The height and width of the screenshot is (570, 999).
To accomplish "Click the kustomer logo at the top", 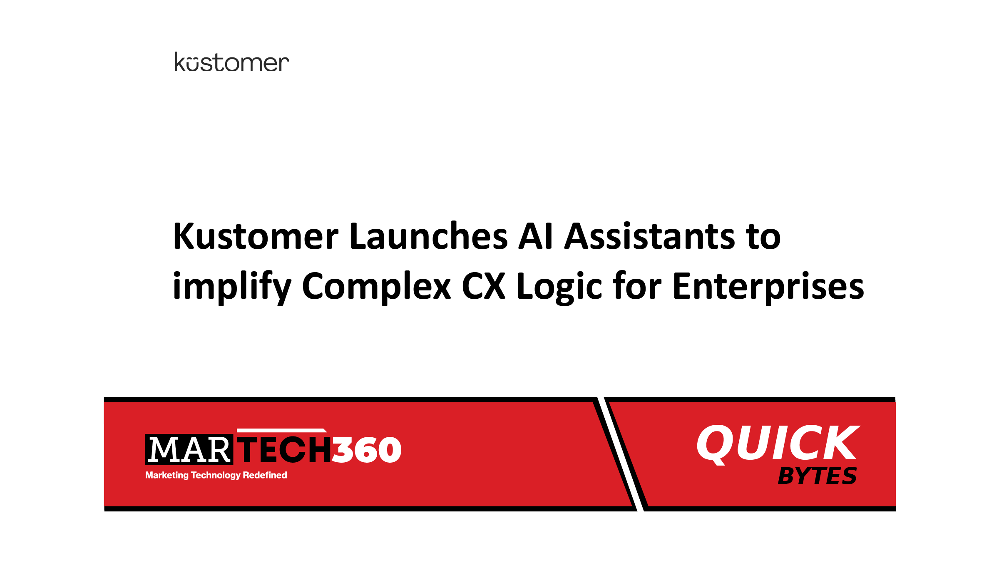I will (x=231, y=62).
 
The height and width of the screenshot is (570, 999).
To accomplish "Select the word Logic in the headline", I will (x=559, y=287).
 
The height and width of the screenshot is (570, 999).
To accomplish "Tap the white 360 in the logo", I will (x=367, y=450).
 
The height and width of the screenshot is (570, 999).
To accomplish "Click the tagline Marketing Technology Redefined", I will (x=216, y=475).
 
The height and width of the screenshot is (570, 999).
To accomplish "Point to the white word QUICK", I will (x=778, y=444).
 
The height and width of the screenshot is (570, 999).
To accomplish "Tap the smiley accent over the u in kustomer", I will (x=192, y=59).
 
